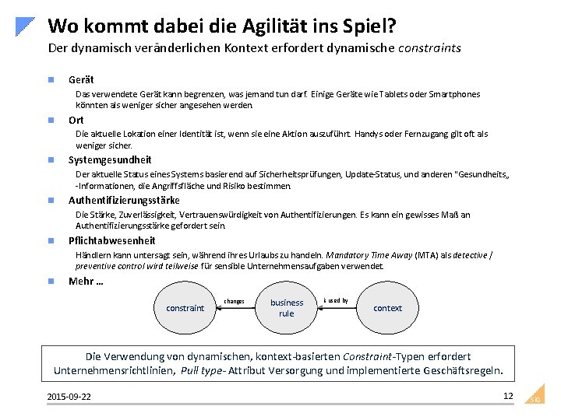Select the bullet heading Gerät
(80, 80)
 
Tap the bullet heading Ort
(76, 120)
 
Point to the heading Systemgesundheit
(110, 160)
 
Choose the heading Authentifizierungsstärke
(124, 200)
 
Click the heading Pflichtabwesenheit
(111, 240)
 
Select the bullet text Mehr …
(86, 282)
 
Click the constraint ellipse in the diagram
(185, 308)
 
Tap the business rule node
(287, 308)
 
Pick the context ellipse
(387, 308)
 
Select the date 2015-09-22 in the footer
(69, 397)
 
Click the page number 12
(508, 396)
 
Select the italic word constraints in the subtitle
(429, 48)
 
